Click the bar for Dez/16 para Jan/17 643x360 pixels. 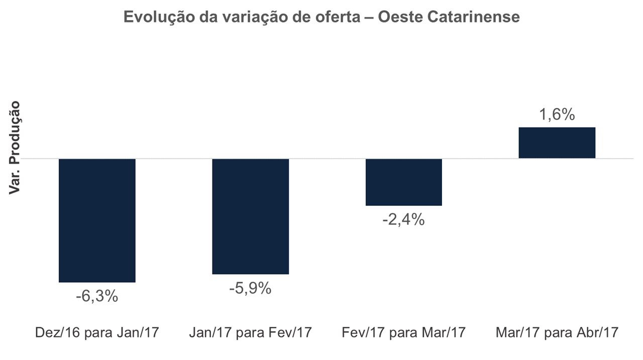click(x=97, y=220)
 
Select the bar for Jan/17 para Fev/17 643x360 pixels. click(x=250, y=216)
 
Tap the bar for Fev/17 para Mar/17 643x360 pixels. click(x=403, y=182)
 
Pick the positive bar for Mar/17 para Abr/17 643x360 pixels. click(x=557, y=143)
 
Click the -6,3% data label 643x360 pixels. click(x=97, y=296)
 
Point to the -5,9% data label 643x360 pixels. click(x=250, y=288)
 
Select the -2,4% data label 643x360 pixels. click(x=403, y=219)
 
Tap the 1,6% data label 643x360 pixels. click(x=557, y=115)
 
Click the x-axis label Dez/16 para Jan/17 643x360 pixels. click(x=97, y=332)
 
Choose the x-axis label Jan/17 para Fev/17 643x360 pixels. click(x=250, y=332)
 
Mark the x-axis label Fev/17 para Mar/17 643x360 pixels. click(x=403, y=332)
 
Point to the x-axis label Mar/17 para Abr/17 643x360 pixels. click(x=557, y=332)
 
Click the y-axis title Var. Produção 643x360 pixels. click(x=15, y=147)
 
